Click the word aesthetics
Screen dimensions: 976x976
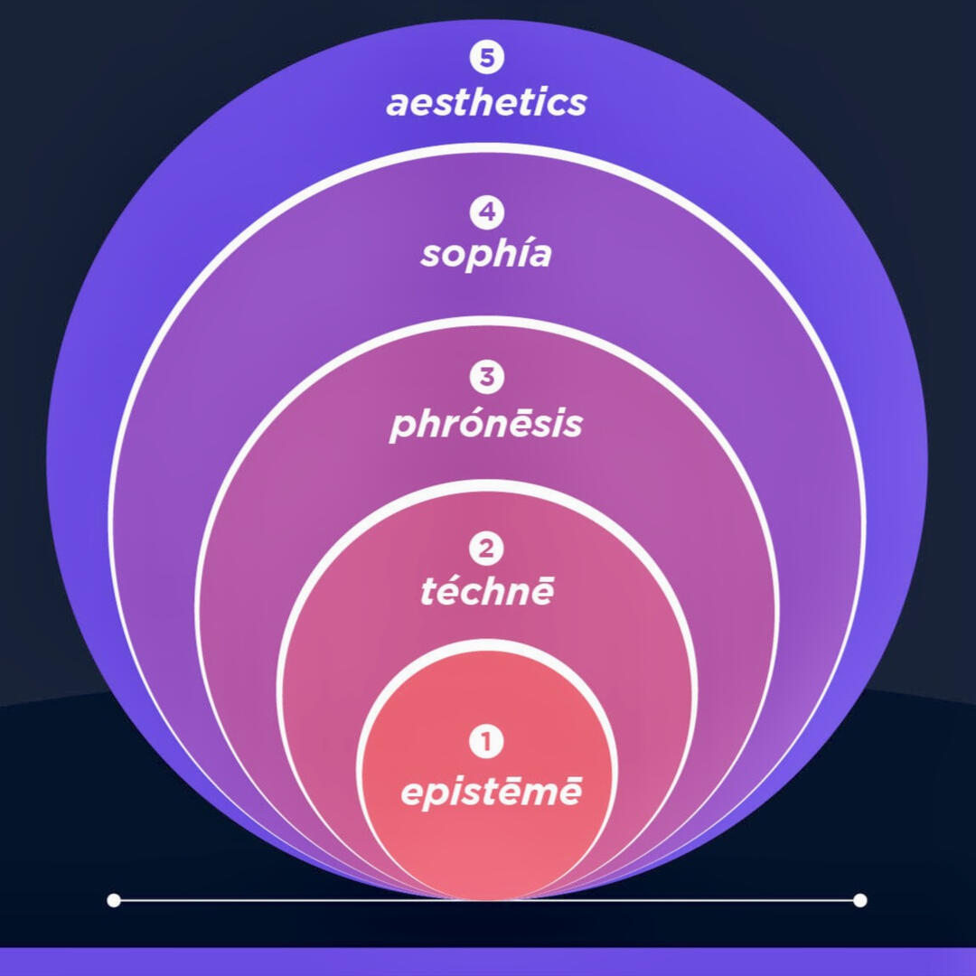click(486, 102)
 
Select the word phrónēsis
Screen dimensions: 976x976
click(486, 425)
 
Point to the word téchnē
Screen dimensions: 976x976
click(486, 592)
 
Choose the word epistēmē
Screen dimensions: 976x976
click(491, 793)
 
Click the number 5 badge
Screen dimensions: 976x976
click(486, 58)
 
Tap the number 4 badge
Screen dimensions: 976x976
click(486, 213)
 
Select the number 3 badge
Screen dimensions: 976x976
click(486, 376)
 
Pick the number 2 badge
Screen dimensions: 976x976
click(486, 549)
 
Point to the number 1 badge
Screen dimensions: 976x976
click(486, 743)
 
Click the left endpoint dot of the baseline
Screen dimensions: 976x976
click(114, 900)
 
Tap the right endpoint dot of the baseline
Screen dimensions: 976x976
click(859, 900)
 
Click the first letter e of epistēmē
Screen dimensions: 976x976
click(412, 793)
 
